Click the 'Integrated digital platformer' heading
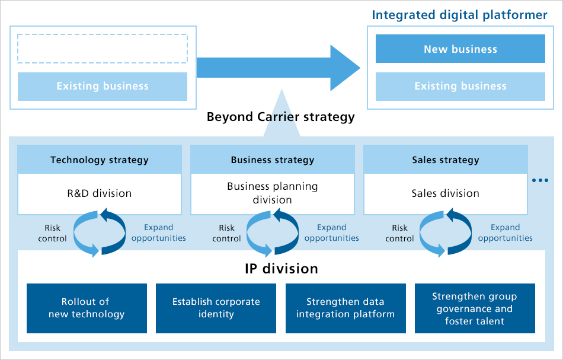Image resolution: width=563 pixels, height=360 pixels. [x=459, y=15]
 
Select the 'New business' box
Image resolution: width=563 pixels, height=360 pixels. [x=460, y=49]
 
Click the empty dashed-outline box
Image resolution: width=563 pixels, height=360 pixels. [x=103, y=49]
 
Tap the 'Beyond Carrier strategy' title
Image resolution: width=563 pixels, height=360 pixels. [x=280, y=117]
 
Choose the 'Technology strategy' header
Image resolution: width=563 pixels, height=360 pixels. [x=100, y=160]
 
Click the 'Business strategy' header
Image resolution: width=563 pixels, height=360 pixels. [x=273, y=160]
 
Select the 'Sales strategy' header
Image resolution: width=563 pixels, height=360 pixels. [x=446, y=160]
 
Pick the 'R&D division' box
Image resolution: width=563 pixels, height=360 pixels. [x=100, y=193]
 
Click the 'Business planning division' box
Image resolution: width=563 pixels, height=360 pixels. [x=273, y=193]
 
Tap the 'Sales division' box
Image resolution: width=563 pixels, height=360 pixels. [x=446, y=193]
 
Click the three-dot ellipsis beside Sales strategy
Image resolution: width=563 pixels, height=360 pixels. [x=540, y=180]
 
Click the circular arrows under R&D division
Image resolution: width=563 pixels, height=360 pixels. [x=99, y=232]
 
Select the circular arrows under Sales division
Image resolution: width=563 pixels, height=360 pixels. [x=446, y=232]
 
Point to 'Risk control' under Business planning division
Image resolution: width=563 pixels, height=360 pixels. [x=226, y=233]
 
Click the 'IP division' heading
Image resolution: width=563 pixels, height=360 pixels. [x=281, y=269]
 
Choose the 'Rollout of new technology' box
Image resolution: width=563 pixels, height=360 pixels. [x=87, y=308]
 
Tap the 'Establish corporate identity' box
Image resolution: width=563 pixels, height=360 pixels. [x=216, y=308]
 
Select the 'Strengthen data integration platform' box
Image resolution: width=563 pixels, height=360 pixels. [x=346, y=308]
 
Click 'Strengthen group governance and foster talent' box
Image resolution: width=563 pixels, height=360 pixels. [x=475, y=308]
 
